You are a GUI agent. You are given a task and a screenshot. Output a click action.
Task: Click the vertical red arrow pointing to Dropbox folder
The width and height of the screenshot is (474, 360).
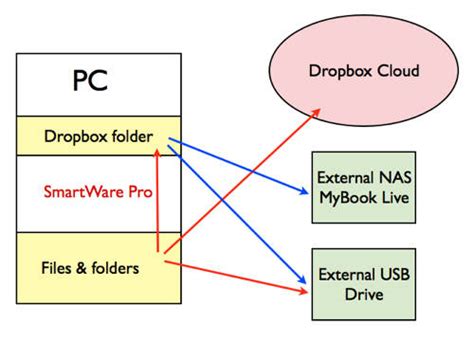pos(158,200)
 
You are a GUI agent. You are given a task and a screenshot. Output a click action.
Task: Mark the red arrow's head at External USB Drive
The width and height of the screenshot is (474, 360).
pos(305,292)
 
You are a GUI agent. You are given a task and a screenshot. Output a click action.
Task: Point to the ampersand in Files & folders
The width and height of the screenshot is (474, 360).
pos(83,267)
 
